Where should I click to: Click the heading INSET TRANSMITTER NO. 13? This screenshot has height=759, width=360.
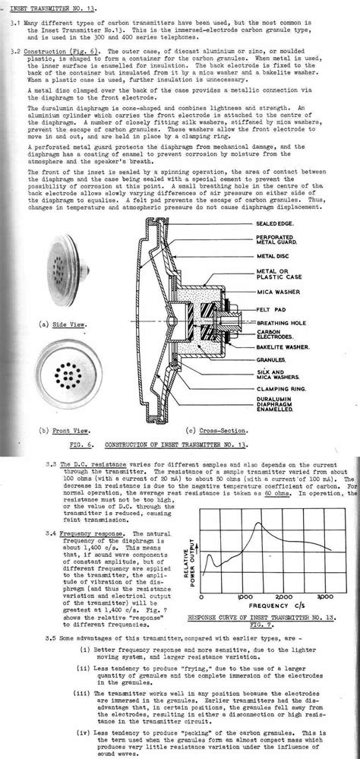coord(61,9)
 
